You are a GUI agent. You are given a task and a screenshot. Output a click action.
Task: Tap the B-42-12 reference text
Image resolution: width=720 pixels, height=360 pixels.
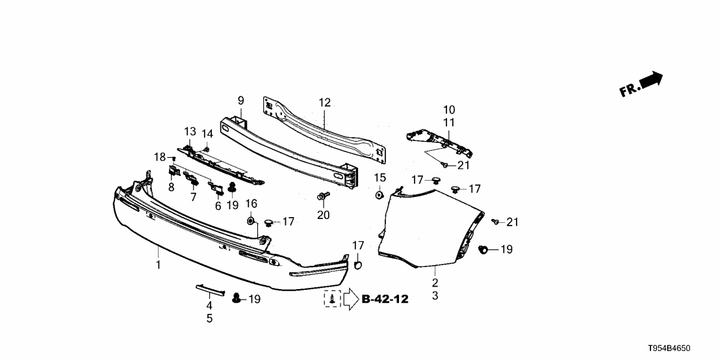click(x=385, y=299)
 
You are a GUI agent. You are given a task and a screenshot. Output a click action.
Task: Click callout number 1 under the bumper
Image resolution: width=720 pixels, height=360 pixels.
click(x=157, y=264)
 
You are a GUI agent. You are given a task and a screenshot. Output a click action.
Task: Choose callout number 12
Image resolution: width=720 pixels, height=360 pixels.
click(x=324, y=102)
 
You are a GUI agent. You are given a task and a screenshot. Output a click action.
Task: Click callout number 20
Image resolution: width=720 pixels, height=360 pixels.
click(x=323, y=214)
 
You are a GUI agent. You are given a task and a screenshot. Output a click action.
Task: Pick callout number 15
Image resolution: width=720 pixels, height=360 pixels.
click(x=380, y=177)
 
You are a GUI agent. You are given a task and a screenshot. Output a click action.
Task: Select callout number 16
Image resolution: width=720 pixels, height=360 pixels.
click(x=251, y=204)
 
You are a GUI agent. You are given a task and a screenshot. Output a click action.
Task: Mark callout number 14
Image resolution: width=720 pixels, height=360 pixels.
click(x=207, y=134)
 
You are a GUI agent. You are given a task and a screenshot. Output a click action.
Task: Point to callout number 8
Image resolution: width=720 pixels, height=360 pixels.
click(x=172, y=187)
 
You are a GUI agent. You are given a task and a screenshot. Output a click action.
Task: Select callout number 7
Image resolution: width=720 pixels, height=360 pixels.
click(x=193, y=196)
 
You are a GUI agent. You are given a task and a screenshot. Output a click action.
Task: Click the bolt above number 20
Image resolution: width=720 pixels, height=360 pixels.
click(x=322, y=196)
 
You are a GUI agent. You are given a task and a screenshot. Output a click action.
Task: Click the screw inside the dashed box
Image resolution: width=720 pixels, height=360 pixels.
click(x=333, y=299)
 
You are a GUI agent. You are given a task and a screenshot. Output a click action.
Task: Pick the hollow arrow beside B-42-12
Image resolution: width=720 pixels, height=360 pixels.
click(x=350, y=299)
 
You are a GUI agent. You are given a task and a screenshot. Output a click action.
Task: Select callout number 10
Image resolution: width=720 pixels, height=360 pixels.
click(x=449, y=110)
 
